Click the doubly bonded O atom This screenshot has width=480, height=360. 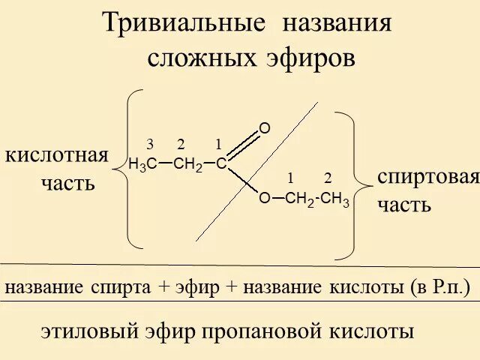pos(264,129)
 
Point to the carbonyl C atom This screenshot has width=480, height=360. pos(221,164)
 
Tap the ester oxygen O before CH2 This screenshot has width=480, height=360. pos(264,199)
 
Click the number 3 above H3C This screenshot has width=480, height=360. pos(150,144)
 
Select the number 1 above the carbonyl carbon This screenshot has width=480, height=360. pos(218,144)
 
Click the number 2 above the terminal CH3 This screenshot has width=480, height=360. pos(328,178)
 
